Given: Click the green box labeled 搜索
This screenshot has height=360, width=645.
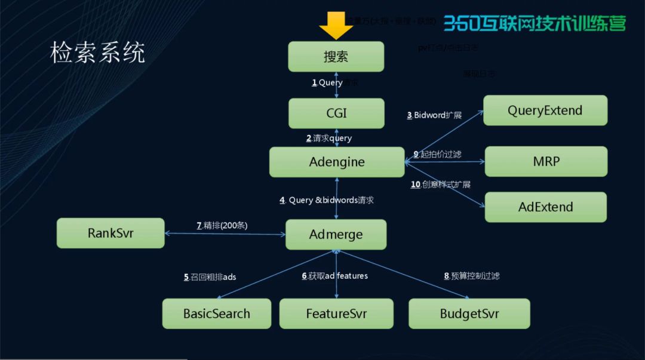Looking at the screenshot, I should [x=336, y=57].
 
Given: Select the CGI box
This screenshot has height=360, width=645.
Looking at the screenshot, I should [x=336, y=113].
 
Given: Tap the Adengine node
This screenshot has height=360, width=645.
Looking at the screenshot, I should [x=337, y=162].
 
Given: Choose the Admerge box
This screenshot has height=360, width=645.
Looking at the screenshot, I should [x=336, y=235].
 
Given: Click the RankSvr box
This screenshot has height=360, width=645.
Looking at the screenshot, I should [x=110, y=233].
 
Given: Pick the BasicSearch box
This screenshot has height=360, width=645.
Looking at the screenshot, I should [x=216, y=313].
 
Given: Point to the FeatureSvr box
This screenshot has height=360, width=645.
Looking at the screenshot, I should [x=336, y=313].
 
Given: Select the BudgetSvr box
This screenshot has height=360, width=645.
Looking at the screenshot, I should [x=469, y=313].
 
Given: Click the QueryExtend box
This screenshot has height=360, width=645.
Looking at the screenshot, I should [x=545, y=110].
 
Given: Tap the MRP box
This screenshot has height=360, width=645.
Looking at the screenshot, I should [x=546, y=161].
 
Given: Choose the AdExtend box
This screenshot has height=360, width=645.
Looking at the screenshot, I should [x=545, y=207].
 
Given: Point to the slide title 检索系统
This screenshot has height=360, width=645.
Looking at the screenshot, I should [x=97, y=53].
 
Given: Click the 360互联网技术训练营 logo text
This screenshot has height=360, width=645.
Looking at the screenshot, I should [x=535, y=23].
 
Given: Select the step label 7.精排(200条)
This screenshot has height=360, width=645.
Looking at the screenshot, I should [x=222, y=226].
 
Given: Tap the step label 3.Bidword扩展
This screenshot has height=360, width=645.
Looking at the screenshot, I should [x=434, y=115].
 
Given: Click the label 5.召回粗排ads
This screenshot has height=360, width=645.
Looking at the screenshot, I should [x=210, y=277].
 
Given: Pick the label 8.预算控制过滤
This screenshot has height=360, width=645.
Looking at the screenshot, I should [x=471, y=276].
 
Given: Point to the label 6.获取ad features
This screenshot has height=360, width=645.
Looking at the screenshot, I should [x=334, y=276].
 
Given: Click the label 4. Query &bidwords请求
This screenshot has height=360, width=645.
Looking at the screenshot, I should [x=326, y=201].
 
